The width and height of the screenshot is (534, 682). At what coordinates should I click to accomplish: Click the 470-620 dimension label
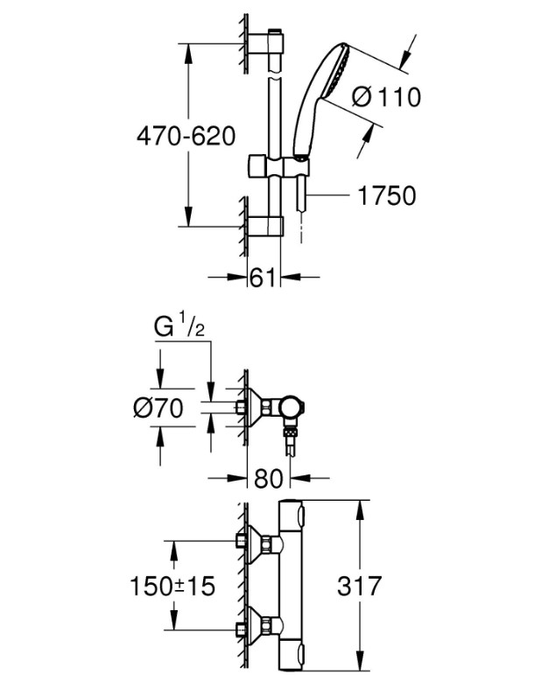click(x=186, y=137)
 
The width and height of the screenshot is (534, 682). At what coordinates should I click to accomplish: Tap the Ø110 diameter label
click(x=386, y=96)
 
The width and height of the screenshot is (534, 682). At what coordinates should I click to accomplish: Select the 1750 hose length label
click(x=387, y=195)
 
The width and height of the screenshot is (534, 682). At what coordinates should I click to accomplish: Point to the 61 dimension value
click(x=263, y=277)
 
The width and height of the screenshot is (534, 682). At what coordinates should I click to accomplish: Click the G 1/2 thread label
click(x=179, y=327)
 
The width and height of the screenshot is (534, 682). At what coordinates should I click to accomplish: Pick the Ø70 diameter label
click(x=158, y=408)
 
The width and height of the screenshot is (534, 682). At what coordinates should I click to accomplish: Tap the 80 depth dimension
click(x=268, y=478)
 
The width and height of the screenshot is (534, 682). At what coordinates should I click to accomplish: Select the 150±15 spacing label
click(x=172, y=586)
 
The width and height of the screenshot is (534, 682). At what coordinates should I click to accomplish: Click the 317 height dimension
click(x=359, y=586)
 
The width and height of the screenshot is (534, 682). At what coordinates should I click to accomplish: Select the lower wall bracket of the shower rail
click(x=266, y=226)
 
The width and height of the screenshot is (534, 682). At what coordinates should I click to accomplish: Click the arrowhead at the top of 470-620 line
click(x=188, y=53)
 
